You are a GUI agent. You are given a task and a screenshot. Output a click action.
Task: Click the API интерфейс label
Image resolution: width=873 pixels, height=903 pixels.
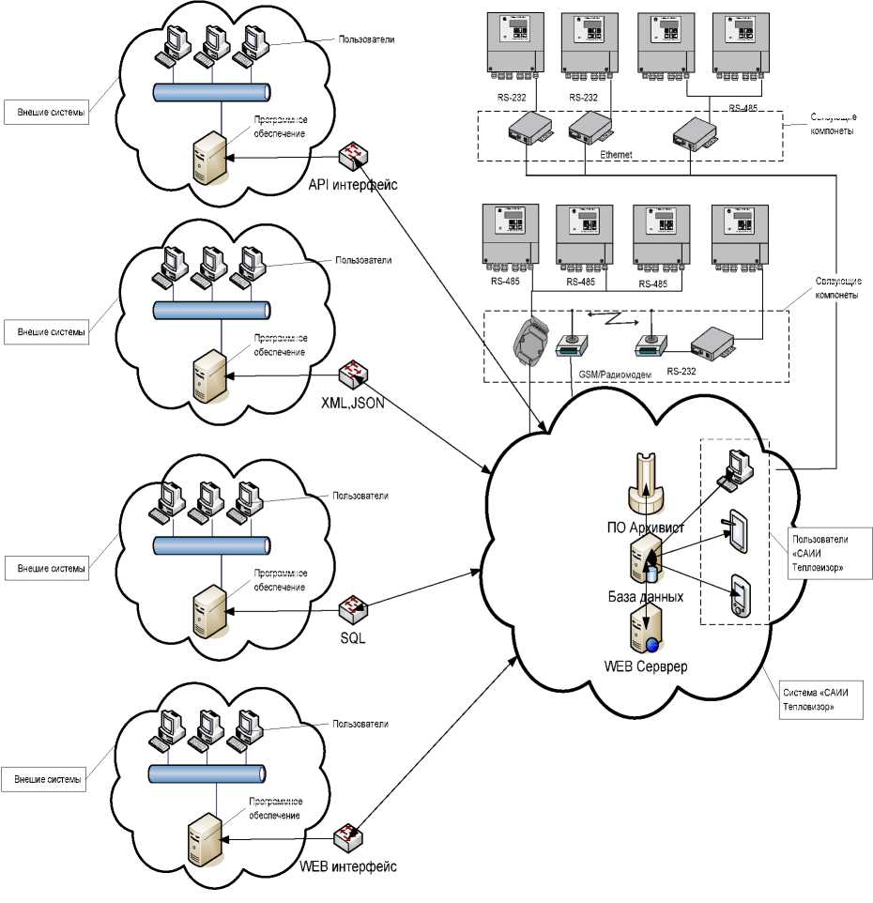(x=353, y=184)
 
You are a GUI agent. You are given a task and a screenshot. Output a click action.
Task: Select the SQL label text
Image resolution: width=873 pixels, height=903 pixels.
(x=353, y=638)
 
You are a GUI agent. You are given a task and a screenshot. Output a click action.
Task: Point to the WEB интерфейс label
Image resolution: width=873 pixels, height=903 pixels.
(x=348, y=865)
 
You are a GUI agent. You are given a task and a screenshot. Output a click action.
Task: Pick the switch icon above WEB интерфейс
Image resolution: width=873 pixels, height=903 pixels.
(x=350, y=834)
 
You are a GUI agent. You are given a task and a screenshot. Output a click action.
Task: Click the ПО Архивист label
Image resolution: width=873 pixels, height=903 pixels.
(x=649, y=528)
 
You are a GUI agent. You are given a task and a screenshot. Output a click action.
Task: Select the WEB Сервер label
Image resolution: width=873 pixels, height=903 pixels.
(x=646, y=666)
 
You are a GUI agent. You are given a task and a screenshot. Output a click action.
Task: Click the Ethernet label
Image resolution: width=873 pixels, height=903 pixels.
(x=616, y=153)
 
